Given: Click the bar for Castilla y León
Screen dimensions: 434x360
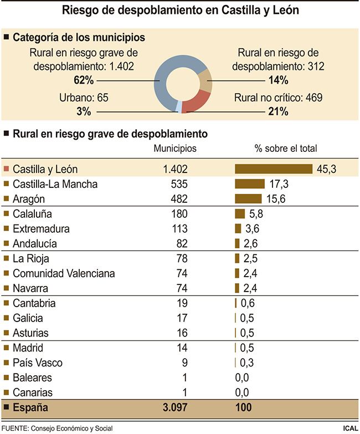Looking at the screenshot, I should coord(274,169).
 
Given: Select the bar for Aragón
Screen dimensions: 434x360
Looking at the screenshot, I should coord(248,199).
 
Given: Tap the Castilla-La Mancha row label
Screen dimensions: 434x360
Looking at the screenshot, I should coord(55,184).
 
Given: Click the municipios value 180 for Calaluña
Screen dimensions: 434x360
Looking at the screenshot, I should coord(180,214).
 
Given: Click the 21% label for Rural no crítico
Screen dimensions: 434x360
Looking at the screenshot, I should coord(277,111).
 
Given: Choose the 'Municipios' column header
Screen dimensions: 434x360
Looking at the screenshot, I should coord(174,148).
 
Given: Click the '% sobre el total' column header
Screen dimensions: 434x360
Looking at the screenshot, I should coord(285,148).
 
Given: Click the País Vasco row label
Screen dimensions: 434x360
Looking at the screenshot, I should coord(37,363).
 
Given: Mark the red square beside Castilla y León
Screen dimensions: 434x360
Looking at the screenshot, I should coord(6,169).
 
